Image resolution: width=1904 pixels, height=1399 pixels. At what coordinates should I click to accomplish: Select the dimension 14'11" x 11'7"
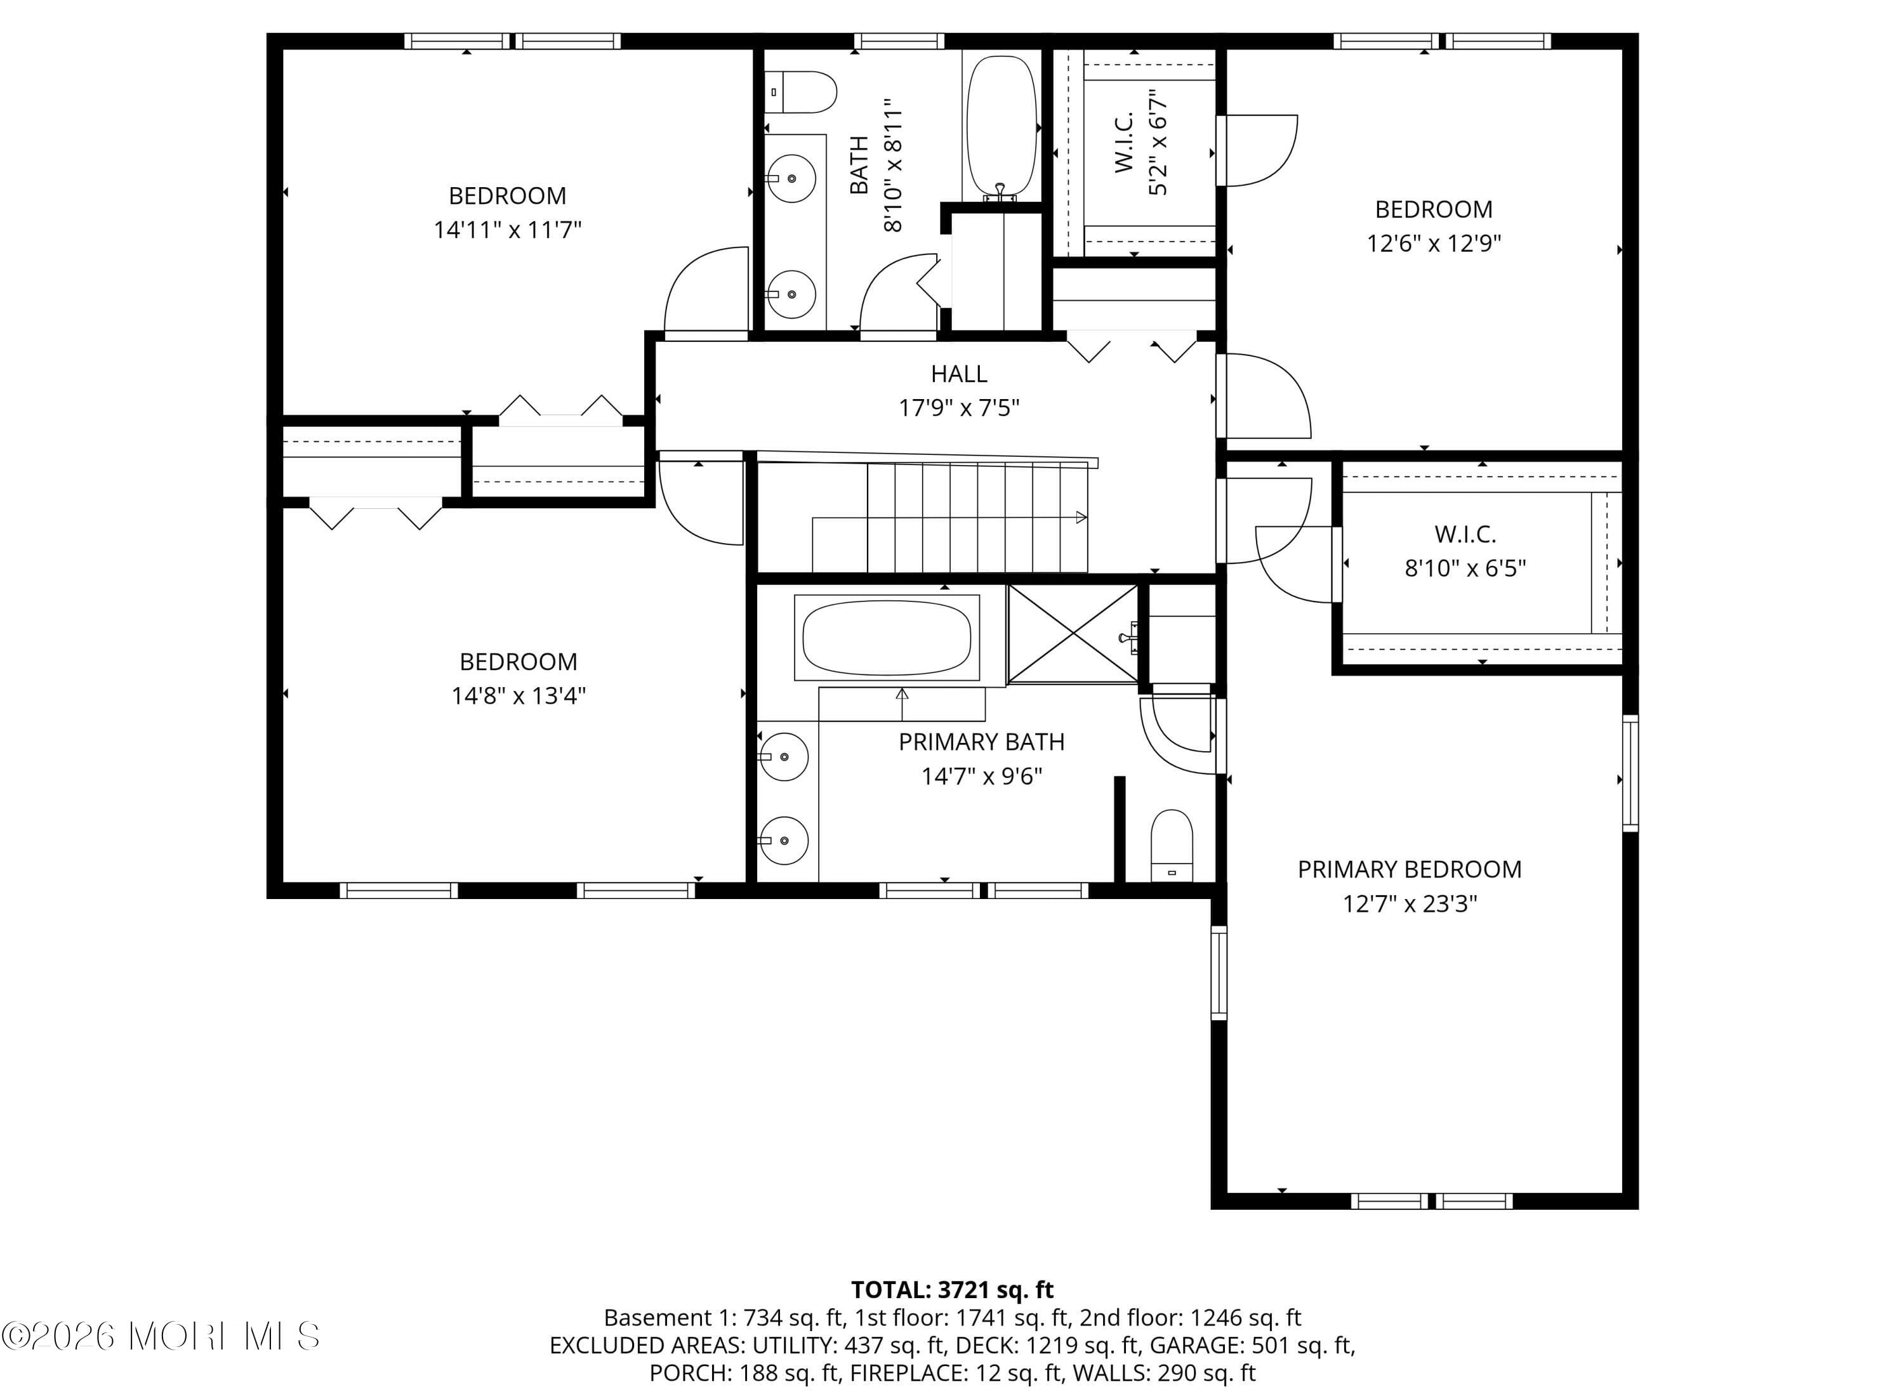click(506, 230)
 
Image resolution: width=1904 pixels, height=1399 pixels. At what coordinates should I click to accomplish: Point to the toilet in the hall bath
click(801, 91)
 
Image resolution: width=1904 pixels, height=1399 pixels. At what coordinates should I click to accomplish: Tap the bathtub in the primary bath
click(886, 638)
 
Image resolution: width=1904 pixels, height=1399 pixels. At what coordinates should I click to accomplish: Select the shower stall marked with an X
click(1073, 633)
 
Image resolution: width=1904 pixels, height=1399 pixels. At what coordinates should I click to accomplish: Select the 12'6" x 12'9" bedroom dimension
click(1433, 243)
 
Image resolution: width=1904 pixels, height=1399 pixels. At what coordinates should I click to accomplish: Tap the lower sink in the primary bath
click(783, 839)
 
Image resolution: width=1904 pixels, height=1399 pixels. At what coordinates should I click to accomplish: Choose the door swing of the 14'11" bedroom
click(704, 292)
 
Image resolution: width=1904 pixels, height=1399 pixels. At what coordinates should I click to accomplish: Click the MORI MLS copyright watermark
click(161, 1336)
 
